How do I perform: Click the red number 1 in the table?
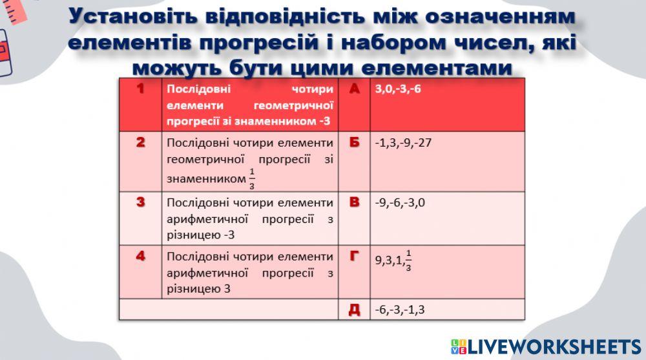(141, 89)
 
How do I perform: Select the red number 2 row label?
(141, 142)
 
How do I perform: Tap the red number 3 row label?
(141, 202)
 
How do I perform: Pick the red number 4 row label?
(141, 256)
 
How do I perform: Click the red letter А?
(354, 89)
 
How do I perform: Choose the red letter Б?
(354, 142)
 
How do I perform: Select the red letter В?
(354, 202)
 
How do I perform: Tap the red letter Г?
(354, 256)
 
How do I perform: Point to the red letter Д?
(354, 309)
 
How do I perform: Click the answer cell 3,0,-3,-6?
(398, 89)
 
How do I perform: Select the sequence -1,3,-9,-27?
(403, 142)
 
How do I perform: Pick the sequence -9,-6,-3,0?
(400, 202)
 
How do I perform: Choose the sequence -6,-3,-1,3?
(400, 310)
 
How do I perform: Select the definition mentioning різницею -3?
(250, 218)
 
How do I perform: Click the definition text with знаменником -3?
(250, 105)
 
